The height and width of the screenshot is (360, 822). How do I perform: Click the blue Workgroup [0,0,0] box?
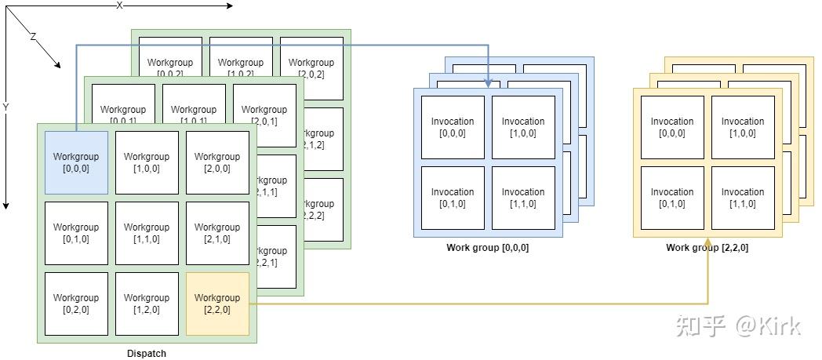click(76, 162)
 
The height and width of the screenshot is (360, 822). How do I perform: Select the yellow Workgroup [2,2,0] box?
click(217, 304)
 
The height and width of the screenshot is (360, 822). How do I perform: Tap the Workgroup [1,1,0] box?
click(147, 233)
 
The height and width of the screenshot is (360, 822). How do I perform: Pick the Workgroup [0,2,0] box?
click(76, 304)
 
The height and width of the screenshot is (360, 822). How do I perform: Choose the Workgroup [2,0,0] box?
click(217, 162)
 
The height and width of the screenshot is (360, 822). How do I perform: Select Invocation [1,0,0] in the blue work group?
click(523, 127)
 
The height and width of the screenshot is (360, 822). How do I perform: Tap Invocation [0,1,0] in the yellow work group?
click(672, 198)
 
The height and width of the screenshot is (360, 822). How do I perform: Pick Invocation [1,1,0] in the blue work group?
click(523, 198)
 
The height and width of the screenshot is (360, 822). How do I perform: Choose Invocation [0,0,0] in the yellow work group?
click(672, 127)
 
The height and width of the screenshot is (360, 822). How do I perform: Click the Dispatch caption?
click(147, 354)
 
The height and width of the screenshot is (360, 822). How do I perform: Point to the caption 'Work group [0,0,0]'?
click(488, 248)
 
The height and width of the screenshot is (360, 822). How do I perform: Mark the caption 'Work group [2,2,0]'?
click(707, 248)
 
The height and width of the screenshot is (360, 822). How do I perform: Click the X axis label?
click(120, 5)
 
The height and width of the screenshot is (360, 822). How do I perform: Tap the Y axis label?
click(5, 107)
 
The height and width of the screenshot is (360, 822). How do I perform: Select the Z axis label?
click(33, 37)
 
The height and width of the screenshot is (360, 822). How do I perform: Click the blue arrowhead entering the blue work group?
click(488, 82)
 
